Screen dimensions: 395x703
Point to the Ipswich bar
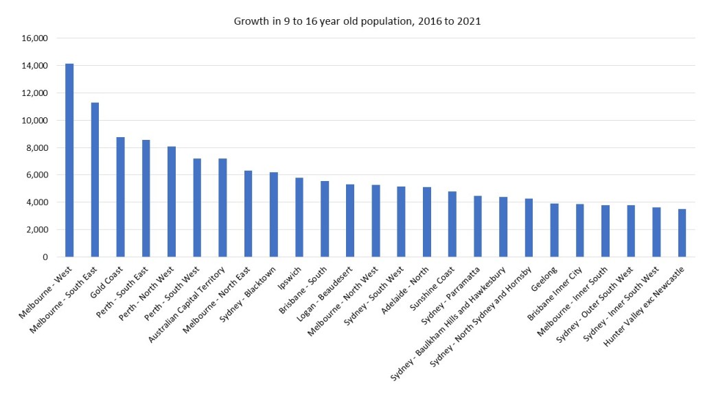click(x=299, y=217)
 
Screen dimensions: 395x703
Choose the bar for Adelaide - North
click(x=427, y=222)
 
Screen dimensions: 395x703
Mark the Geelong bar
click(x=554, y=230)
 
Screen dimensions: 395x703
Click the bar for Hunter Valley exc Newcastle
click(x=682, y=233)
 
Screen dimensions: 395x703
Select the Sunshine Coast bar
click(x=452, y=224)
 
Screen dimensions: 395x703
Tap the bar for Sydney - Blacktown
click(x=273, y=215)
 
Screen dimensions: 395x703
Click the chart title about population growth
click(x=357, y=21)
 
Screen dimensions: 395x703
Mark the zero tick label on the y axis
click(x=44, y=257)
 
